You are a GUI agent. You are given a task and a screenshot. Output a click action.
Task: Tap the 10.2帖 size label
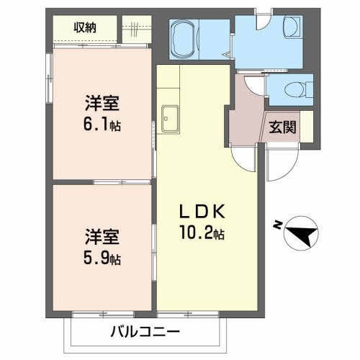tap(203, 234)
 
